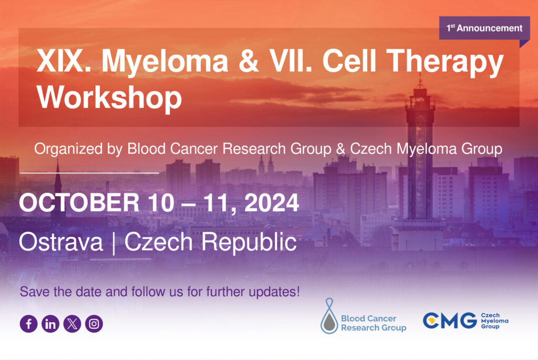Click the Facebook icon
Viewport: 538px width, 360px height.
[x=28, y=324]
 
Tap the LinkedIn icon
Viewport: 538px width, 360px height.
[x=50, y=324]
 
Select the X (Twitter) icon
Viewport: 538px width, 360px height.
[x=72, y=324]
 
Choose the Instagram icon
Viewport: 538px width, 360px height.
[x=94, y=324]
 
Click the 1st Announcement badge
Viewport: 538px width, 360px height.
[x=484, y=28]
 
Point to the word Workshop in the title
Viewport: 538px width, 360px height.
[x=109, y=97]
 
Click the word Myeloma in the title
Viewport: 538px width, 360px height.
[x=164, y=62]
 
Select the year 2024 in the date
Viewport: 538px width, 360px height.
[x=272, y=203]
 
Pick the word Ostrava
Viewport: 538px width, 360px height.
[x=61, y=242]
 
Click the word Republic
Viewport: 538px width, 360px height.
[x=249, y=242]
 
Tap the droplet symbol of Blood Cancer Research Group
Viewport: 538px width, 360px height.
[x=329, y=316]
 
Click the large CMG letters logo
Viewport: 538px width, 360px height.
[x=450, y=321]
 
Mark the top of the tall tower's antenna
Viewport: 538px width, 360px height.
[x=420, y=74]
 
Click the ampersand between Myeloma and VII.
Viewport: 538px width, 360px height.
[x=249, y=61]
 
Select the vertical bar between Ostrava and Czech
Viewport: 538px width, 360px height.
[x=113, y=243]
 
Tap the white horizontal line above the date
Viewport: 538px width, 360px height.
[x=89, y=172]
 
